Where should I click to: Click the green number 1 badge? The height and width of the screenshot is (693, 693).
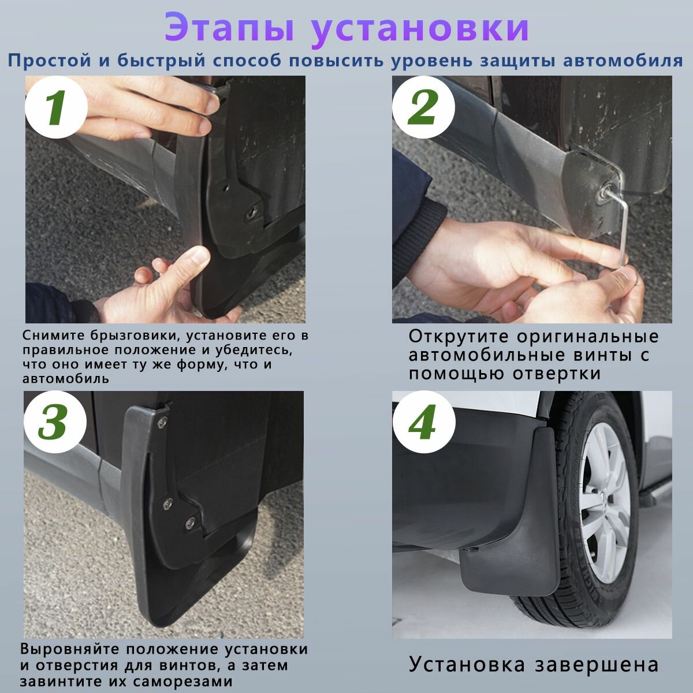[57, 107]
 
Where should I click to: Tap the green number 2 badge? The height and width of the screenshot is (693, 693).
[423, 107]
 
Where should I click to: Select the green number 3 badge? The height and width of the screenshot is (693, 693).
[55, 422]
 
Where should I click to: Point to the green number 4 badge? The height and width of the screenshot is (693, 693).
[424, 422]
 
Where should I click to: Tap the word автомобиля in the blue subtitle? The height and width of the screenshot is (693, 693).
[623, 61]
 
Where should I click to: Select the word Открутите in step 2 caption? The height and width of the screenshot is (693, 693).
[459, 336]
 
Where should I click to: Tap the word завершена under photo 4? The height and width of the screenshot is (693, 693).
[596, 665]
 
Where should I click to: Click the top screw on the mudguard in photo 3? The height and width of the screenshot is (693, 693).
[162, 422]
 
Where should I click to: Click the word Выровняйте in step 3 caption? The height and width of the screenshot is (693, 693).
[70, 650]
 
